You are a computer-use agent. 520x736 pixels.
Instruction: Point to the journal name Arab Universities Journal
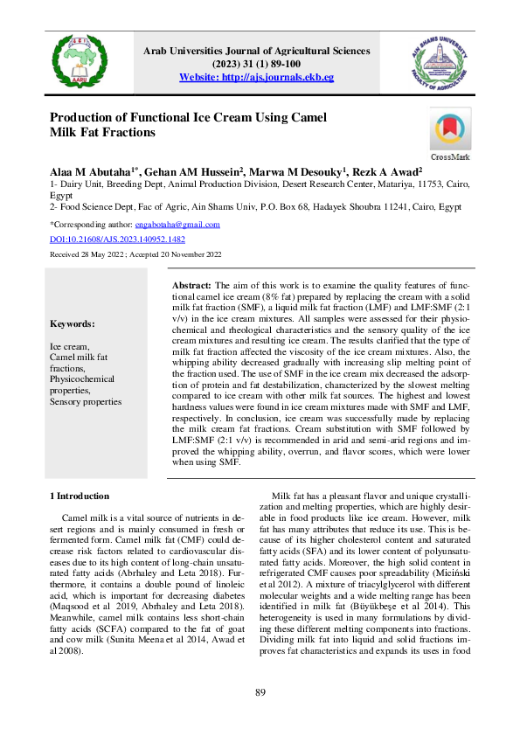pos(256,51)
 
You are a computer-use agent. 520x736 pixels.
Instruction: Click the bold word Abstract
pos(191,286)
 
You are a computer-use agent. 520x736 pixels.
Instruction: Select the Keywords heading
pos(73,323)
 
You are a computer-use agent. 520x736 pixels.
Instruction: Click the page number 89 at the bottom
pos(260,693)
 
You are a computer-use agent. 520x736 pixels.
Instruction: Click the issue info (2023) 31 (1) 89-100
pos(256,64)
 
